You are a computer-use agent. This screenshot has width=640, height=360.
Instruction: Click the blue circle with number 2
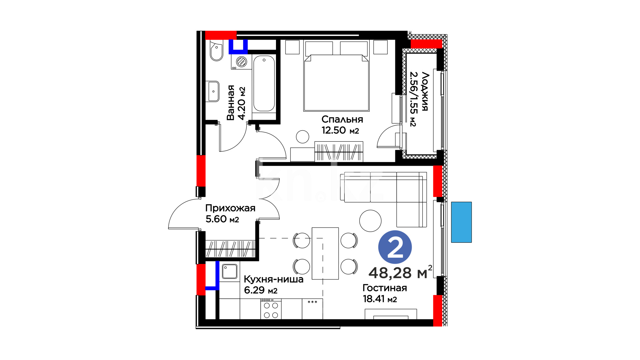pyautogui.click(x=395, y=247)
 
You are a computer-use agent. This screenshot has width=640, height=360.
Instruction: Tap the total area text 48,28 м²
pyautogui.click(x=400, y=272)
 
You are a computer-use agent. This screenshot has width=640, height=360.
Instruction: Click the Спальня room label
pyautogui.click(x=342, y=119)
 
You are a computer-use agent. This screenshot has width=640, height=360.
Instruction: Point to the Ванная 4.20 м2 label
pyautogui.click(x=236, y=103)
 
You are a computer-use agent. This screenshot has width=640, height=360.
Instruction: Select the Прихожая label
pyautogui.click(x=230, y=208)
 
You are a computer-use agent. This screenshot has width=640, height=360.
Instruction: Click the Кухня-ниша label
pyautogui.click(x=274, y=279)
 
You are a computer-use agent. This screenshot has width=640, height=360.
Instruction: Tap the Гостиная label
pyautogui.click(x=385, y=288)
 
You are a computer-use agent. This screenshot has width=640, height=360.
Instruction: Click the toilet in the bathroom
pyautogui.click(x=217, y=51)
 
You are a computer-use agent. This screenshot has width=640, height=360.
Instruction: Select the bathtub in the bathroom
pyautogui.click(x=264, y=84)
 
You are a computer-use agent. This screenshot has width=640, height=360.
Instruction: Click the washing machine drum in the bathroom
pyautogui.click(x=241, y=62)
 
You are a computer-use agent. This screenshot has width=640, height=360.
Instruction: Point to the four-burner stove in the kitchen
pyautogui.click(x=271, y=309)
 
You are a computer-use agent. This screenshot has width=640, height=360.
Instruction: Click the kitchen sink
pyautogui.click(x=230, y=272)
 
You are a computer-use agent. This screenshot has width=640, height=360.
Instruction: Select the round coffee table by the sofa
pyautogui.click(x=370, y=221)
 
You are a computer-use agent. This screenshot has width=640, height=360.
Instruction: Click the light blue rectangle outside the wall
pyautogui.click(x=461, y=222)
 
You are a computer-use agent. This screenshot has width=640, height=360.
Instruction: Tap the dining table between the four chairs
pyautogui.click(x=325, y=254)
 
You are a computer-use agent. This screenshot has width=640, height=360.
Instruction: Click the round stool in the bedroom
pyautogui.click(x=303, y=137)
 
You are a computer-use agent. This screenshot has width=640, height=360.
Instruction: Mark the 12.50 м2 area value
pyautogui.click(x=340, y=130)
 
